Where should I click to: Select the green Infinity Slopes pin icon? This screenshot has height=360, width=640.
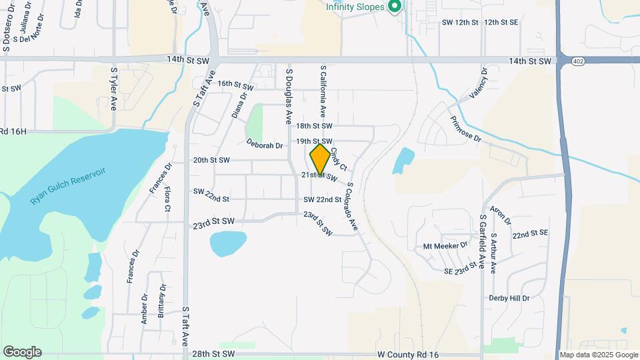tap(394, 7)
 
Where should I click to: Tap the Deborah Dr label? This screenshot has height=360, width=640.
tap(265, 144)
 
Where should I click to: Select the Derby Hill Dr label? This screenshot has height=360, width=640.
tap(509, 298)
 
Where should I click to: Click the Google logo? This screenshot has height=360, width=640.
tap(22, 352)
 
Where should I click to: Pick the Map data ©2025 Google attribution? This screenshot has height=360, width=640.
tap(599, 355)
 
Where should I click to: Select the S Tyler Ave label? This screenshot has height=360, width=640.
tap(114, 88)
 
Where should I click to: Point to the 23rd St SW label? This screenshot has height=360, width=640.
tap(214, 221)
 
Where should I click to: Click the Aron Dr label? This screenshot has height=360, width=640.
tap(500, 215)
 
